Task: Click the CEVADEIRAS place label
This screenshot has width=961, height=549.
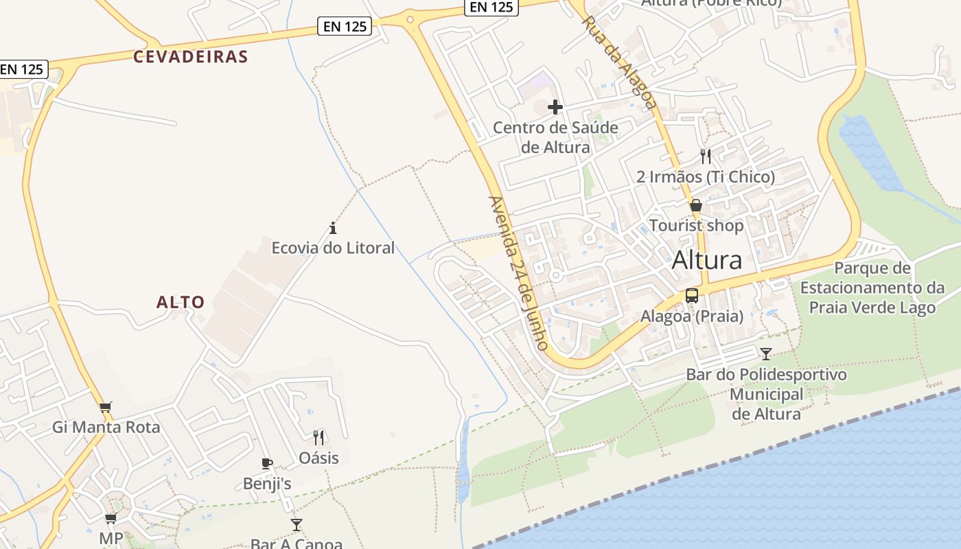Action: (190, 56)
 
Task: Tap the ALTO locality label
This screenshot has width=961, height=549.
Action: (181, 302)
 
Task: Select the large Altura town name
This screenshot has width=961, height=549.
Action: (707, 260)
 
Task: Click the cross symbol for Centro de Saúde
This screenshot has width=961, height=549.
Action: (555, 107)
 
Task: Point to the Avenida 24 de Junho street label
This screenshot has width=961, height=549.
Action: (519, 273)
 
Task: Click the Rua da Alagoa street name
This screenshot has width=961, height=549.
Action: (618, 62)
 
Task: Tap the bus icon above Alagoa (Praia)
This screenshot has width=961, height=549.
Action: (692, 296)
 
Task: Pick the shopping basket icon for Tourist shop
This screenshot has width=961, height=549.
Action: (696, 205)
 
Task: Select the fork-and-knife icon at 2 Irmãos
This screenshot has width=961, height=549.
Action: (706, 156)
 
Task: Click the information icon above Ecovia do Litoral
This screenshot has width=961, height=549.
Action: (333, 228)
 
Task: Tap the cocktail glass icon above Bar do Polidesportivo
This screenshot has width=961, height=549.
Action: (766, 353)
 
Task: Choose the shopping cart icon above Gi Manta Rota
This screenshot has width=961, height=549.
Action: (106, 408)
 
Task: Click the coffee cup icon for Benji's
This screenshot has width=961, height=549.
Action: (267, 464)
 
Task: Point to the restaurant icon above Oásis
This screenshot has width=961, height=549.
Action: (319, 437)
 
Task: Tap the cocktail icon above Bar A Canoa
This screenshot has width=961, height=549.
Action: (297, 525)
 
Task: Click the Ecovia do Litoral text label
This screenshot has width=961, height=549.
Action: (333, 248)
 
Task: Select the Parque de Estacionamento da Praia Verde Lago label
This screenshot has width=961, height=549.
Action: (872, 288)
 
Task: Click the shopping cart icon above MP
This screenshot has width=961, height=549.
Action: (111, 518)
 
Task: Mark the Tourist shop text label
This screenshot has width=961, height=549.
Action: (696, 225)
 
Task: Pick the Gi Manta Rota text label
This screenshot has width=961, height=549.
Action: (106, 427)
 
